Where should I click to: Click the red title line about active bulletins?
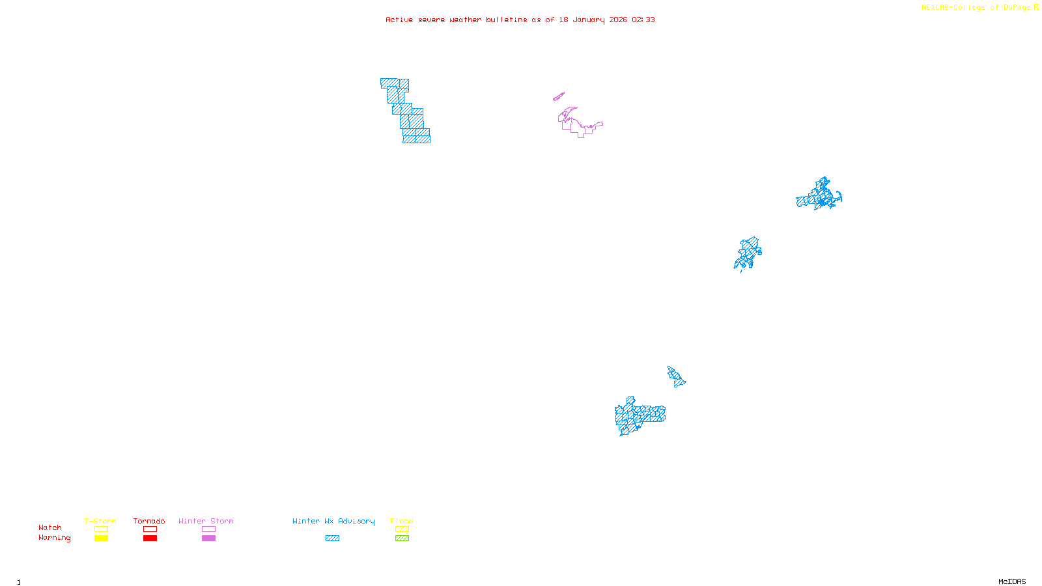(x=520, y=20)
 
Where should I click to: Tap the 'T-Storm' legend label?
(x=100, y=521)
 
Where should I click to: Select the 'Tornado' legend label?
(x=149, y=521)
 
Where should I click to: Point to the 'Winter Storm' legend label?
(x=206, y=521)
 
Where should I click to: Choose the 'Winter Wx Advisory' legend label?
(x=333, y=521)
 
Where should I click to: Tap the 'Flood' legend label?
(x=402, y=521)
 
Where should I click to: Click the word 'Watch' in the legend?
(x=50, y=528)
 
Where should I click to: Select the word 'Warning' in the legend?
(x=55, y=538)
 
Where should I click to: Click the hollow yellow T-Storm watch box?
(x=101, y=529)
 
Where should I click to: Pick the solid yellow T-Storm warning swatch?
(x=101, y=538)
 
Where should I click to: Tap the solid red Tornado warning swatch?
(x=150, y=538)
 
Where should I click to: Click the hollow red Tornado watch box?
(x=150, y=529)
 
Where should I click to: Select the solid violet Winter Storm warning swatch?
(x=208, y=538)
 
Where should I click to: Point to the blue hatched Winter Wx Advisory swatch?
(x=332, y=538)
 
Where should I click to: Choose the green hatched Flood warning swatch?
(x=402, y=538)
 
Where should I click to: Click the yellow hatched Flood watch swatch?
(x=402, y=529)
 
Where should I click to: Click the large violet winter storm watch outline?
(x=576, y=124)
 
